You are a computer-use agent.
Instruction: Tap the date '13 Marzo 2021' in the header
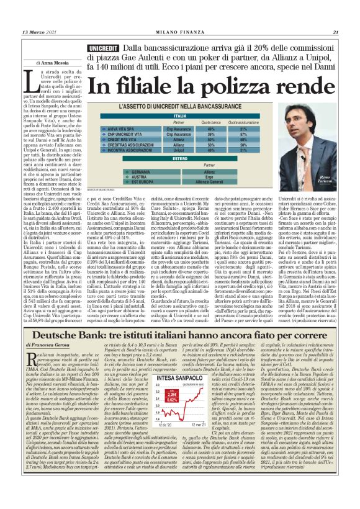coord(41,33)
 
